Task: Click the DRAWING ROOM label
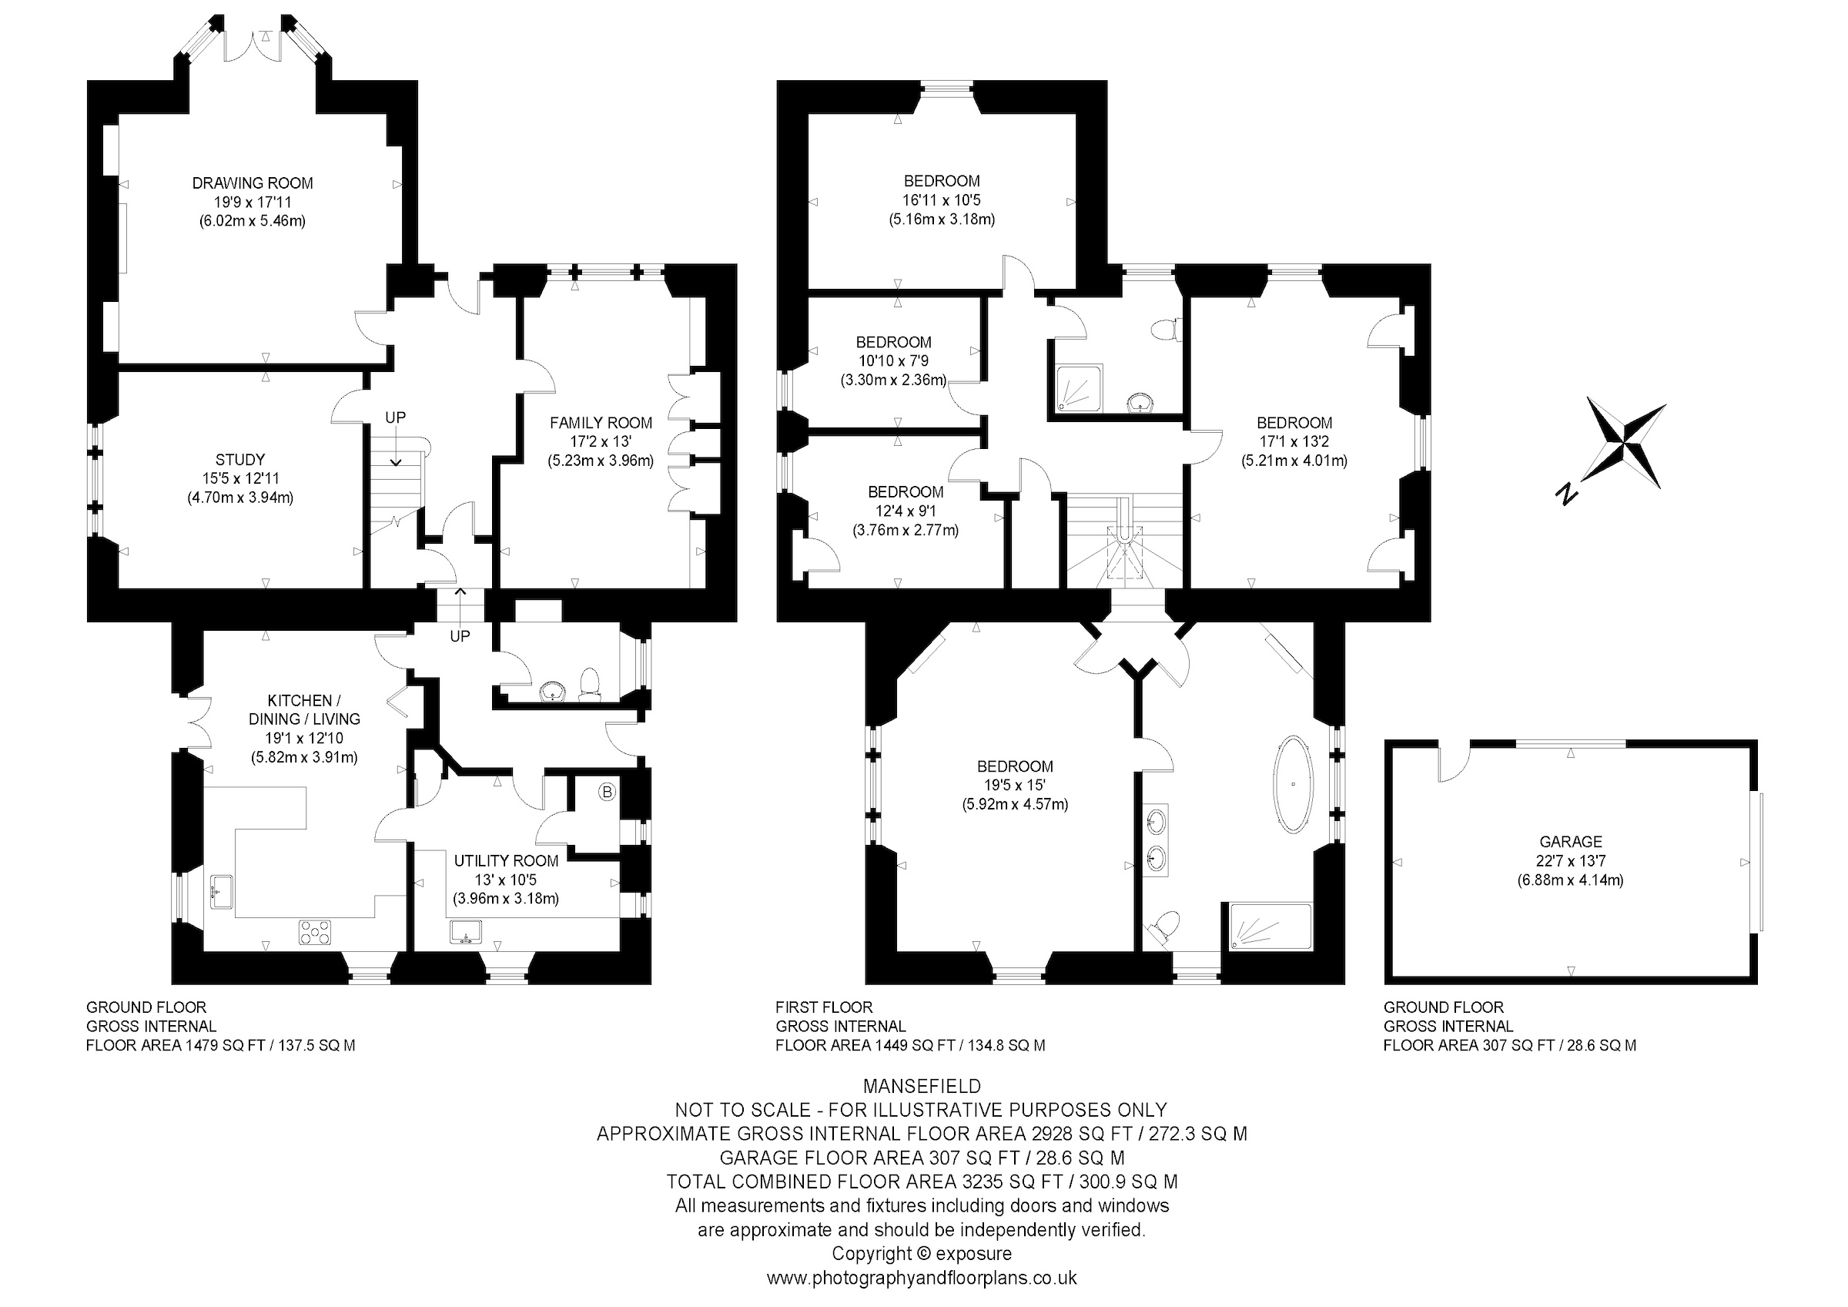(252, 183)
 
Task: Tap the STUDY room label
(239, 460)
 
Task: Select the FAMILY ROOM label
(601, 423)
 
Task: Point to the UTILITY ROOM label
(505, 861)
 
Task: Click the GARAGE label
(1570, 843)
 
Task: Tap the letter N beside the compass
(1566, 494)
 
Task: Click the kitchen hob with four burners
(316, 933)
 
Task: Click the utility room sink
(466, 933)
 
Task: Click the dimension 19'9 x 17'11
(252, 202)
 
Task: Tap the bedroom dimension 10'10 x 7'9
(893, 361)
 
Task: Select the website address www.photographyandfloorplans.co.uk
(922, 1278)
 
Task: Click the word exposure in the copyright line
(974, 1255)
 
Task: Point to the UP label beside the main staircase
(395, 417)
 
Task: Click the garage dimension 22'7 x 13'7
(1570, 861)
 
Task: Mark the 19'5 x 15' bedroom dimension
(1015, 785)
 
